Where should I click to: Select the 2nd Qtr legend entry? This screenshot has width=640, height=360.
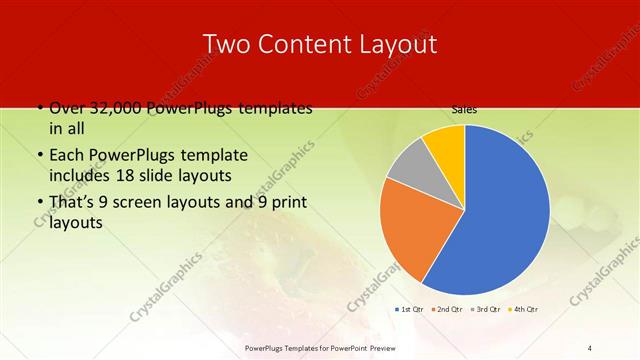tap(449, 310)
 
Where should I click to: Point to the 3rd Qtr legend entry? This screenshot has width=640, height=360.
tap(486, 310)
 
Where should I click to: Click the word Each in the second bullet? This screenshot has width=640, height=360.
tap(67, 156)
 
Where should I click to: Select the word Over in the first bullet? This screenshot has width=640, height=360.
tap(66, 108)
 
